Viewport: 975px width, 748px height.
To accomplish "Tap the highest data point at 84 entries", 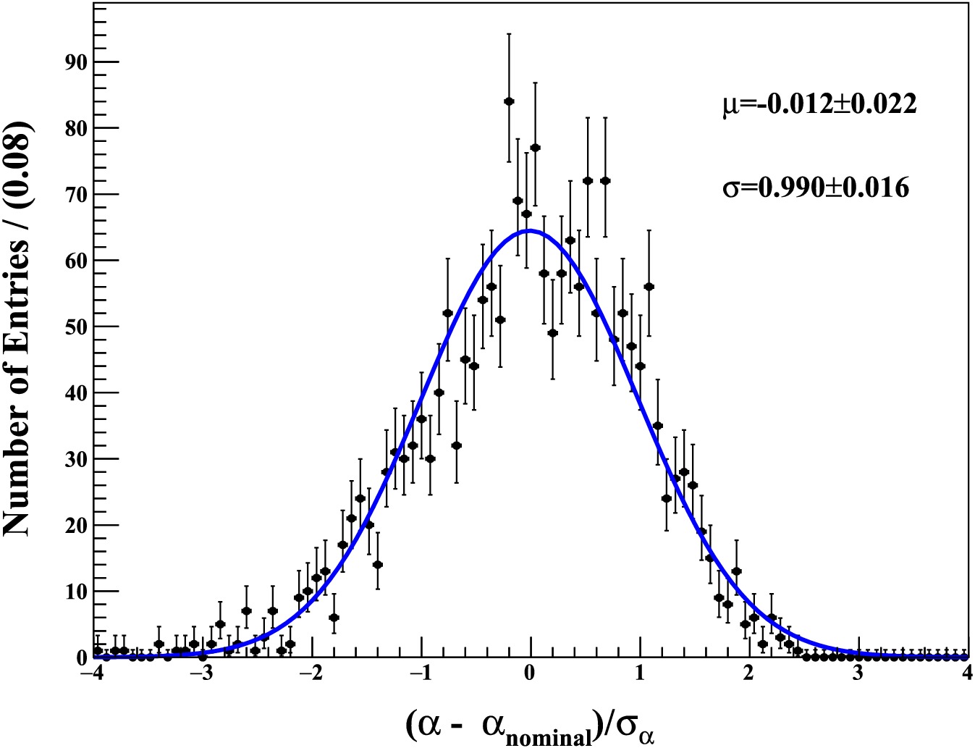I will pyautogui.click(x=509, y=101).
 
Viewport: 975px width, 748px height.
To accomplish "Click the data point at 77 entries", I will pyautogui.click(x=536, y=148).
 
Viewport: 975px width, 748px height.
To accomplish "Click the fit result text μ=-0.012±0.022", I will pyautogui.click(x=819, y=104).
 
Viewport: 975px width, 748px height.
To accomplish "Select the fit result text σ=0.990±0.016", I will pyautogui.click(x=816, y=188).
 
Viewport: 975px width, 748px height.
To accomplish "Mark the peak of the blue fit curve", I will pyautogui.click(x=530, y=231).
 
